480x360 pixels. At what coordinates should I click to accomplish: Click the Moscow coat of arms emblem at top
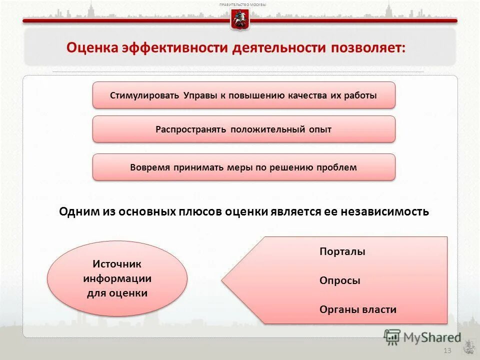coord(240,20)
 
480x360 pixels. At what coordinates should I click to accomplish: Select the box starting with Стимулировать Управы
coord(243,95)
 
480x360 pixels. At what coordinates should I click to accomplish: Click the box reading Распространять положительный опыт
coord(243,129)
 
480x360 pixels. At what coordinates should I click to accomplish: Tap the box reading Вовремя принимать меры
coord(243,167)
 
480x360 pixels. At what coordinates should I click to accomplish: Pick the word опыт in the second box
coord(320,129)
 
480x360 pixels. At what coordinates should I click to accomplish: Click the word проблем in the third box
coord(336,167)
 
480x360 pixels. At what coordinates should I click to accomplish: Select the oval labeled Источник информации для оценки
coord(117,278)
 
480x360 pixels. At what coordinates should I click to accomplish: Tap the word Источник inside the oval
coord(117,263)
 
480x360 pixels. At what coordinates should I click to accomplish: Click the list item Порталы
coord(342,252)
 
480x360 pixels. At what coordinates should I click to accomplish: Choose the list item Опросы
coord(339,281)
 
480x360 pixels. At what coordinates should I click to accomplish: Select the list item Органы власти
coord(357,309)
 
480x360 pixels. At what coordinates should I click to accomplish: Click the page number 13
coord(447,350)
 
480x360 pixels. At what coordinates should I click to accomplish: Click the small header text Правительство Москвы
coord(242,4)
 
